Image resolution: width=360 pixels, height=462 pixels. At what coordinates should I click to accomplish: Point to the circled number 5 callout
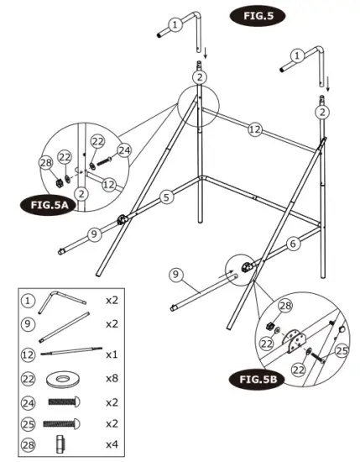click(x=167, y=197)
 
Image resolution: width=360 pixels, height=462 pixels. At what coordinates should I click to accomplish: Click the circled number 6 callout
click(x=293, y=244)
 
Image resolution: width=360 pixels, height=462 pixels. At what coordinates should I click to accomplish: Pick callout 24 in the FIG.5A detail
click(x=124, y=150)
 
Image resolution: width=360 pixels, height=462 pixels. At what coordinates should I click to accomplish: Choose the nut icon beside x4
click(x=60, y=444)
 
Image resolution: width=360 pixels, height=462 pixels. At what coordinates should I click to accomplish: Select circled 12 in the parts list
click(x=28, y=351)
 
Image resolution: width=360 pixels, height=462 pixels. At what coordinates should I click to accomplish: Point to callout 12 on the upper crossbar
click(x=255, y=129)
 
